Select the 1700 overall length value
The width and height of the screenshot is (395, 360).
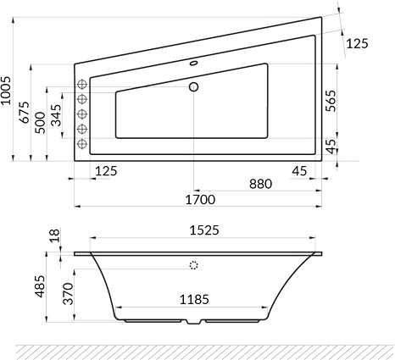pyautogui.click(x=200, y=200)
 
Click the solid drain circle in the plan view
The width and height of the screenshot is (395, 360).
pyautogui.click(x=193, y=86)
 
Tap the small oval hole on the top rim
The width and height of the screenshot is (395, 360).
pyautogui.click(x=192, y=62)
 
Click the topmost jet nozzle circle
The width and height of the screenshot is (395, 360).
pyautogui.click(x=83, y=84)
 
